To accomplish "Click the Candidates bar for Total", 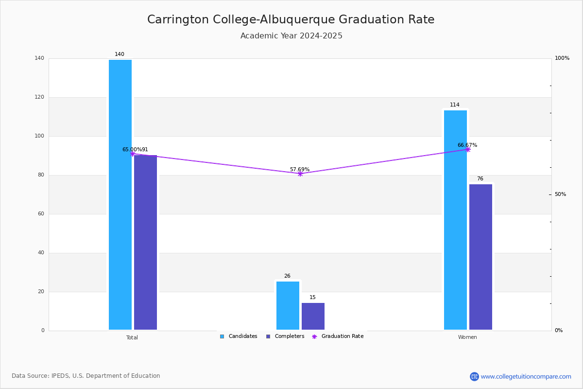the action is pos(120,194).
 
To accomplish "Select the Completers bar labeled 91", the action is pos(145,242).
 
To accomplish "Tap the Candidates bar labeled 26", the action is pos(288,305).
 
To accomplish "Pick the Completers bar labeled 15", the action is pos(313,317).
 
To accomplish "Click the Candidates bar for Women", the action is pos(456,220).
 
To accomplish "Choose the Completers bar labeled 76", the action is pos(480,257).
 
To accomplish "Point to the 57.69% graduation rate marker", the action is pos(300,174).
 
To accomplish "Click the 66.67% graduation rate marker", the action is pos(468,150).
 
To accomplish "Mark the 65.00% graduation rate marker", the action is pos(133,154).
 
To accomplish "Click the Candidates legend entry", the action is pos(239,336).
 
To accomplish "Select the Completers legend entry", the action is pos(285,336).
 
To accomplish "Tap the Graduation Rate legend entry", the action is pos(338,336).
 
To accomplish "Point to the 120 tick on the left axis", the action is pos(39,97).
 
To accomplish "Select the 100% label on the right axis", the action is pos(562,58).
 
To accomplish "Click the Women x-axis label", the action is pos(467,337).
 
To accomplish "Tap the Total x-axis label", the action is pos(132,337).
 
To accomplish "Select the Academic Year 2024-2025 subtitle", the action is pos(291,35).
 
